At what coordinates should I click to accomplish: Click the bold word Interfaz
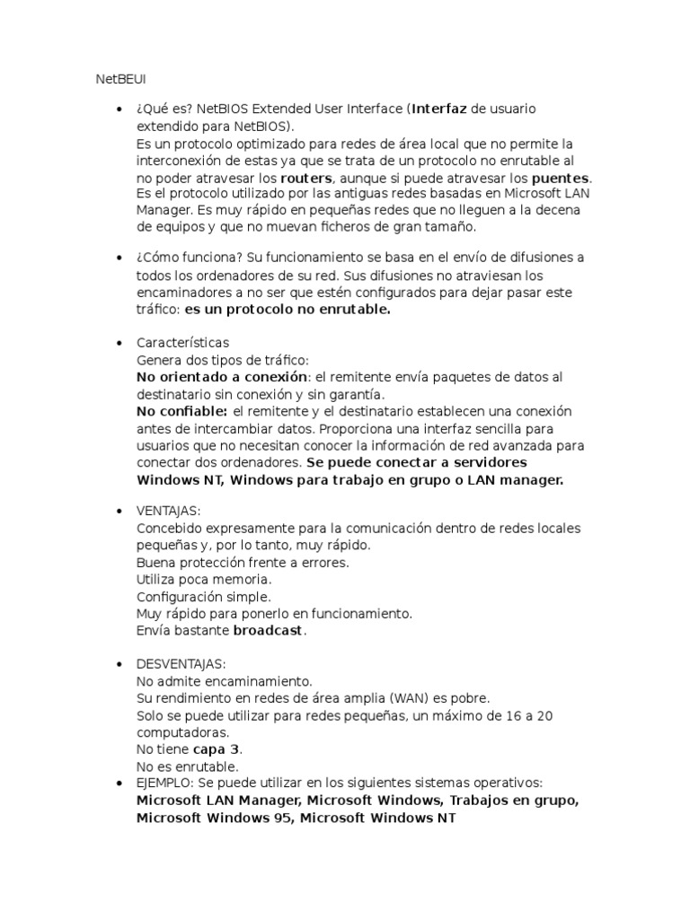[x=439, y=109]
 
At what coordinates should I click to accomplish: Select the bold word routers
[x=306, y=178]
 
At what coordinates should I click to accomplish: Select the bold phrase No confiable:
[x=182, y=411]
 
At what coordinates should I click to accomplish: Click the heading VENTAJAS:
[x=168, y=511]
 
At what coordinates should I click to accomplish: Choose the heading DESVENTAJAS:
[x=181, y=664]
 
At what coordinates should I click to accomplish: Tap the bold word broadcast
[x=269, y=631]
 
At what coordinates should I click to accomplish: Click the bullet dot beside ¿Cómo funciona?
[x=119, y=258]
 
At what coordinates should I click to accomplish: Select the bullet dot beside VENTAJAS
[x=119, y=512]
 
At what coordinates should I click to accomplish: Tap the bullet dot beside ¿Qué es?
[x=119, y=109]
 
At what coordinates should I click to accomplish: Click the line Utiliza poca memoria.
[x=203, y=580]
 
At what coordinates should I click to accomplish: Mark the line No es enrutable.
[x=187, y=766]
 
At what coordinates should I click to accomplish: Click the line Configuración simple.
[x=203, y=597]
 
